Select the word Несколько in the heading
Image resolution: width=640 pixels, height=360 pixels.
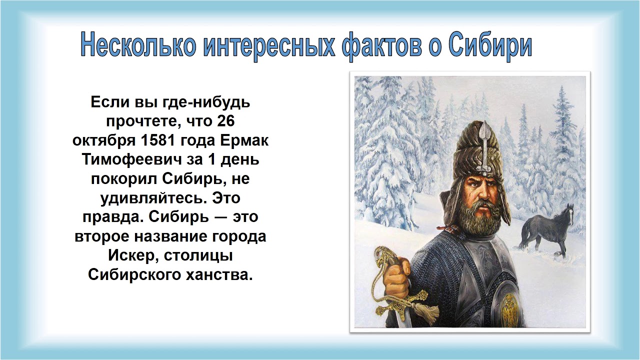(138, 45)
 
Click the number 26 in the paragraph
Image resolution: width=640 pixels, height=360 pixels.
(225, 121)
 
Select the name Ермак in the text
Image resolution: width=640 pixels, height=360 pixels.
(244, 140)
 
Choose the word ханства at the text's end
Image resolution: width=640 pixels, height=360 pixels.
(219, 275)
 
